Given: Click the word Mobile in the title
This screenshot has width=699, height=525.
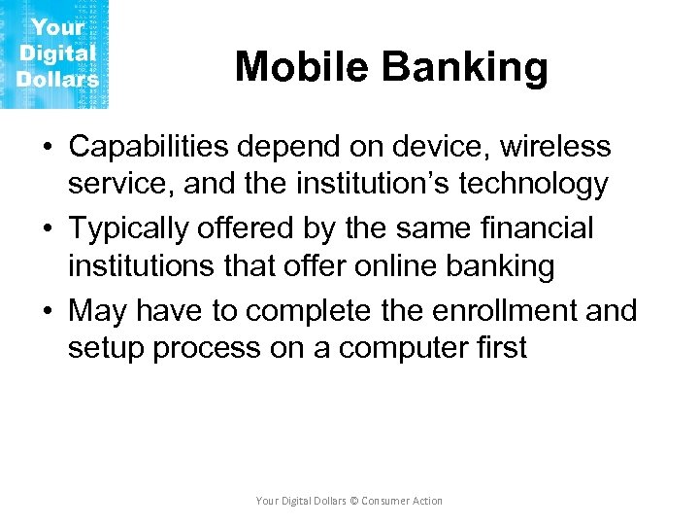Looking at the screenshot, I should point(301,67).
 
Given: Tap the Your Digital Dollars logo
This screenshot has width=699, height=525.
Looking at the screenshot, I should point(55,53).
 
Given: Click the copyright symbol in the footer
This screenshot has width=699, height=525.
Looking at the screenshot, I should point(353,501).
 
